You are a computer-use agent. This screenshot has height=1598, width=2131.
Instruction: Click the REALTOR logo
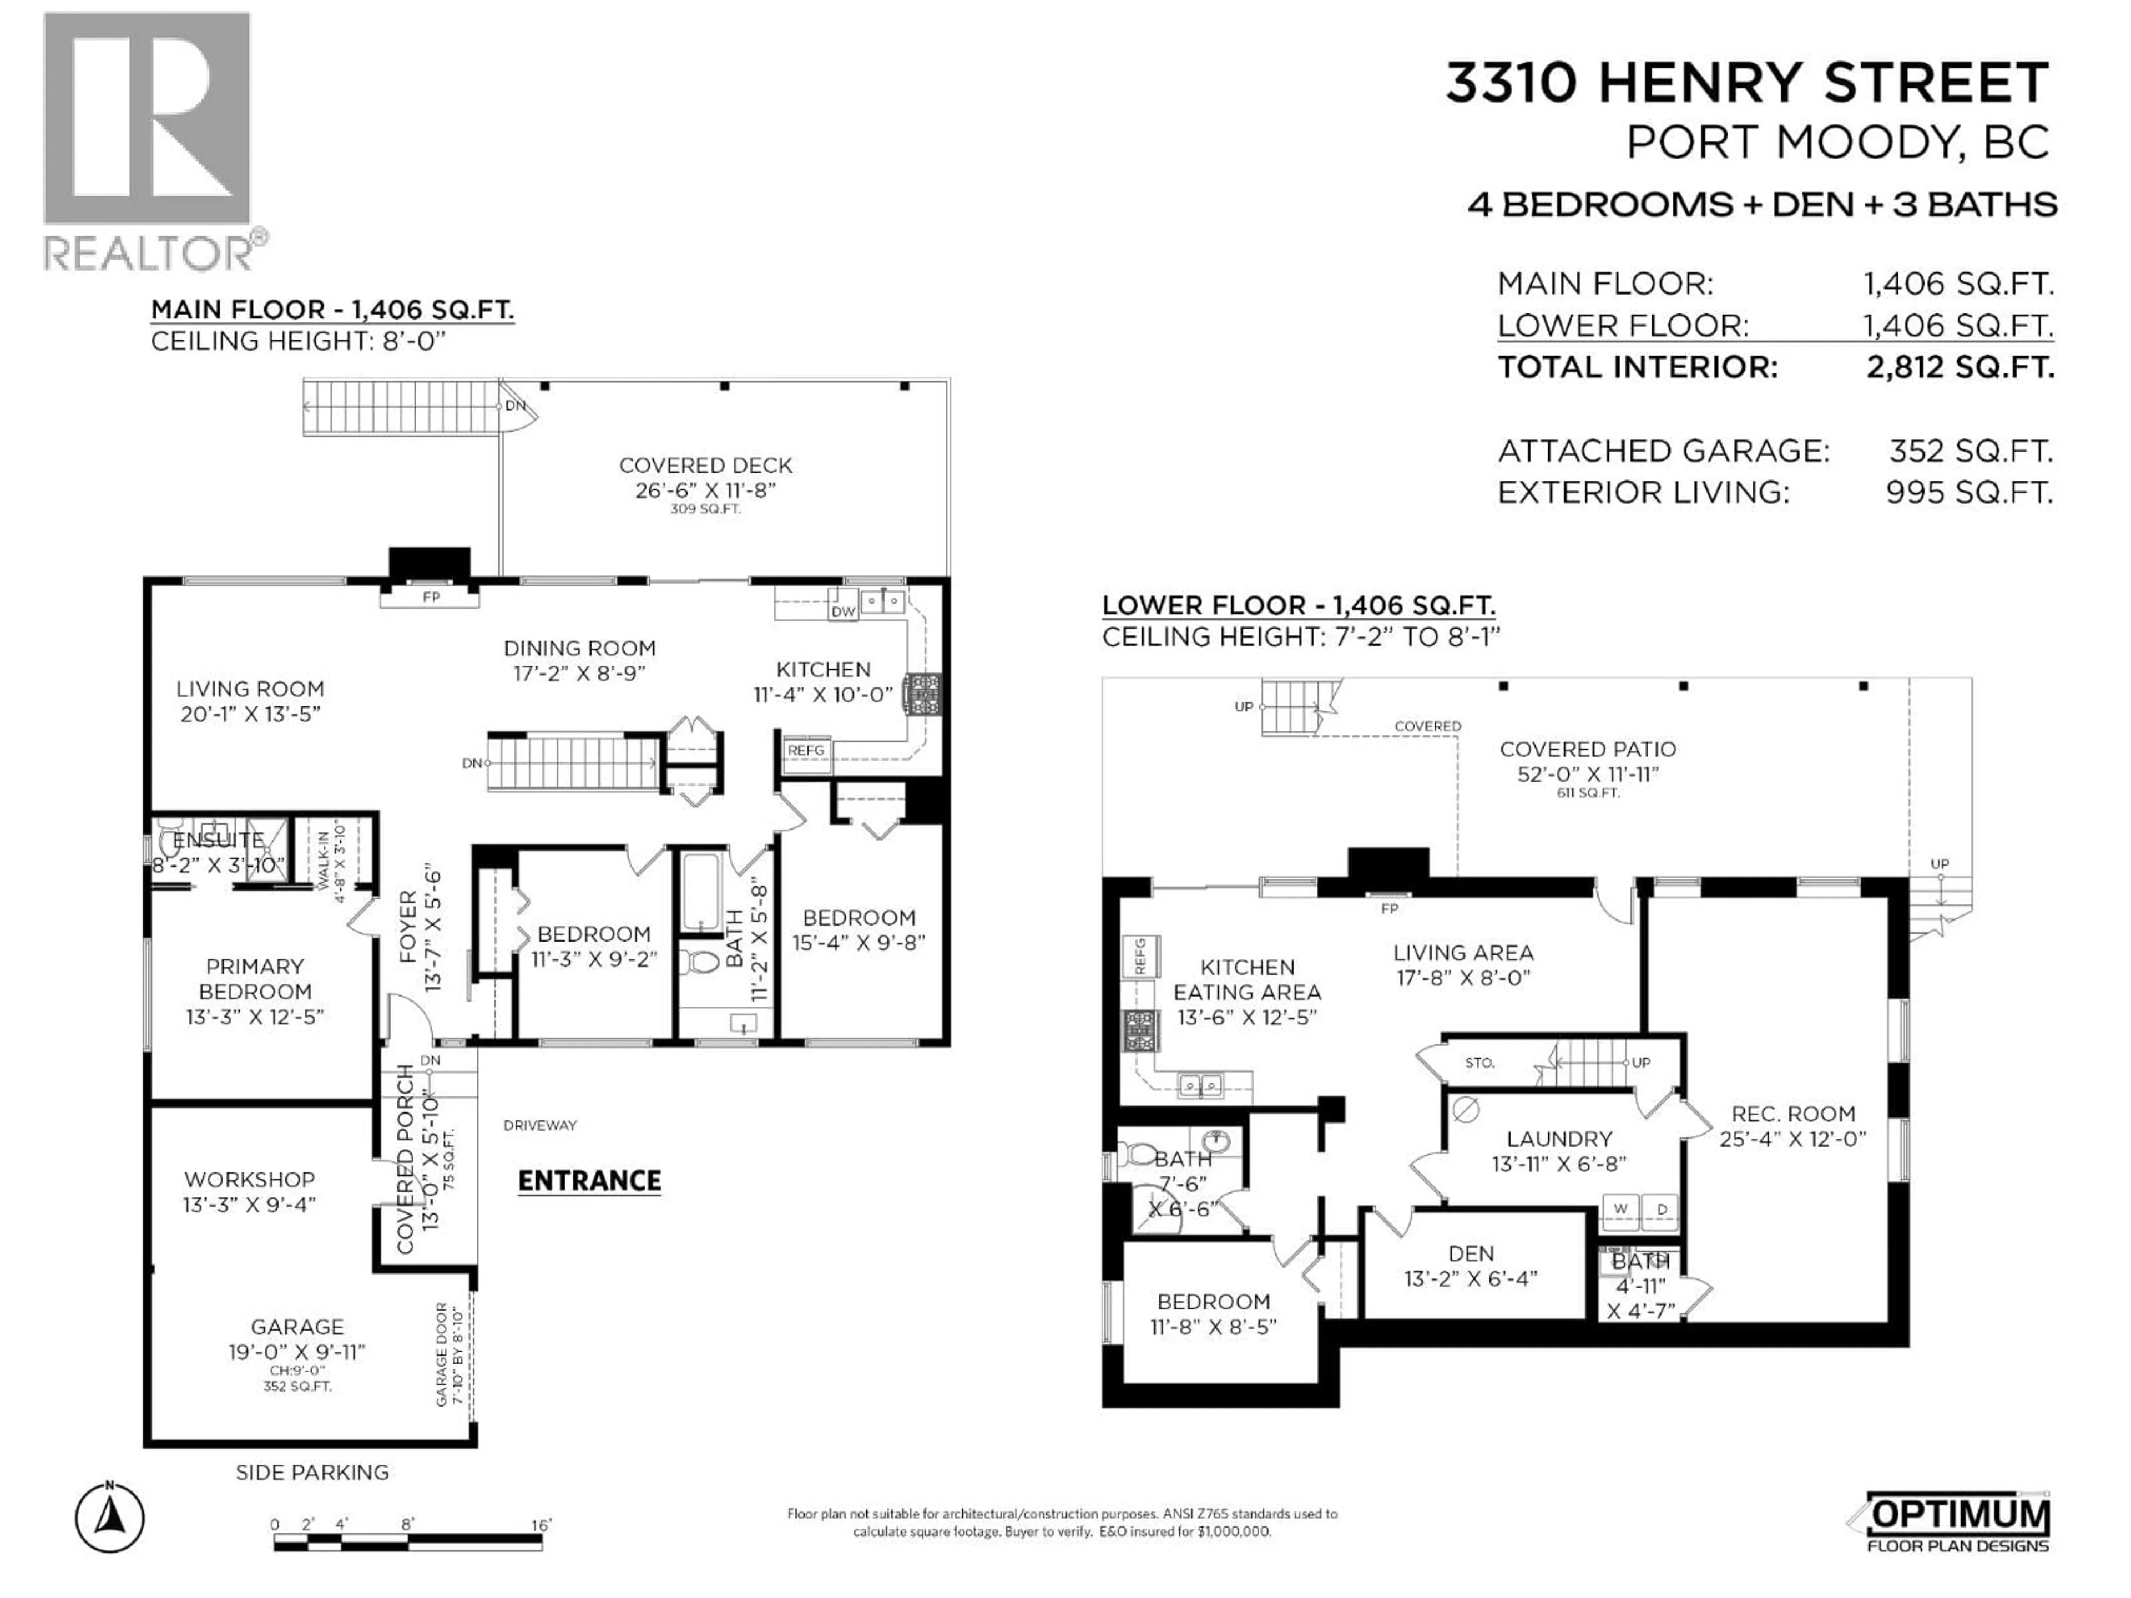[x=149, y=140]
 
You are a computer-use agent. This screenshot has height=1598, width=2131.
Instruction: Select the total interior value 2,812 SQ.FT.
[x=1960, y=367]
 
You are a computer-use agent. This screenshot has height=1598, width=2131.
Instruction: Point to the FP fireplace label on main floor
[x=431, y=597]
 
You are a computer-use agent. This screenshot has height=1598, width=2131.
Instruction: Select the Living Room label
[x=250, y=689]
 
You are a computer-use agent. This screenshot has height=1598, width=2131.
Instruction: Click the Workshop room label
[x=250, y=1179]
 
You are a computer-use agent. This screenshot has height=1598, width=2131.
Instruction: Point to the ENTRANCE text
[x=589, y=1181]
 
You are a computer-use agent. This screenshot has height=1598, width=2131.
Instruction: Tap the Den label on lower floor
[x=1471, y=1253]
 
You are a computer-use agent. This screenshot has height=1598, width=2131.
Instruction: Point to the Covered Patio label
[x=1588, y=749]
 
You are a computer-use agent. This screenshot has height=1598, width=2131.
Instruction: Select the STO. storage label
[x=1479, y=1063]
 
